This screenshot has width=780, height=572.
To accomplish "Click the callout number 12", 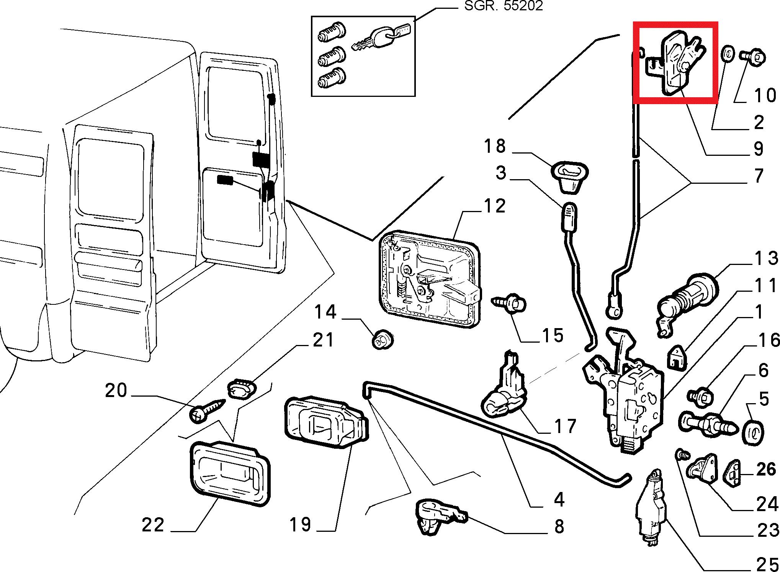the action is click(x=495, y=206).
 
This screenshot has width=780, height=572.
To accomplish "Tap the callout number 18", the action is click(x=495, y=146).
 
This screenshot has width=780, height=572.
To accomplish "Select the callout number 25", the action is click(x=765, y=563).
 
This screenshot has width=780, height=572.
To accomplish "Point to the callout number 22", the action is click(x=153, y=525).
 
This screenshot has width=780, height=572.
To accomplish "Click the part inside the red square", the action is click(x=674, y=63).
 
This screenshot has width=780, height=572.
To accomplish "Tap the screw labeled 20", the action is click(x=207, y=411).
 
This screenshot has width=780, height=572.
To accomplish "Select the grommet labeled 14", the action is click(x=383, y=340).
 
